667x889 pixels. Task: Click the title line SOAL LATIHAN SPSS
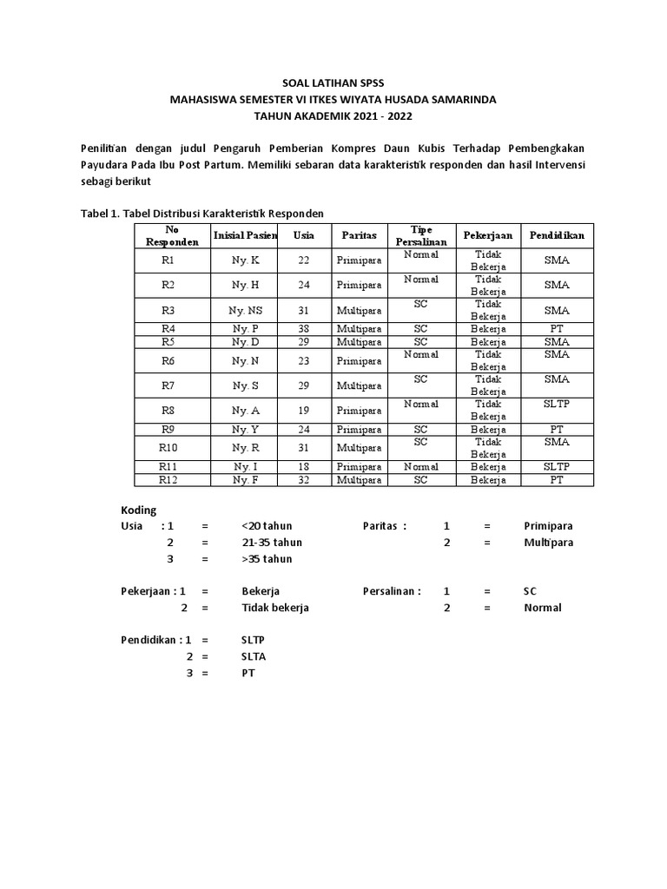pyautogui.click(x=333, y=83)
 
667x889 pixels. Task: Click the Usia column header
pyautogui.click(x=304, y=235)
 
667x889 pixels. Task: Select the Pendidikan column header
pyautogui.click(x=557, y=235)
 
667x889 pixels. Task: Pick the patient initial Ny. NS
pyautogui.click(x=245, y=310)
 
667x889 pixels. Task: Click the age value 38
pyautogui.click(x=304, y=329)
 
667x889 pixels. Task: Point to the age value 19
pyautogui.click(x=304, y=410)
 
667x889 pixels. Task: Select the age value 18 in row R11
pyautogui.click(x=304, y=466)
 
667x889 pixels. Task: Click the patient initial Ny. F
pyautogui.click(x=245, y=479)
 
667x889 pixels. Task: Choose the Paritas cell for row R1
pyautogui.click(x=359, y=260)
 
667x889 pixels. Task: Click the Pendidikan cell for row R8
pyautogui.click(x=557, y=405)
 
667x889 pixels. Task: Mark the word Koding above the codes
pyautogui.click(x=138, y=510)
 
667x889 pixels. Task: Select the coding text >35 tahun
pyautogui.click(x=267, y=559)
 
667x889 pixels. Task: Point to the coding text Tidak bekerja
pyautogui.click(x=275, y=608)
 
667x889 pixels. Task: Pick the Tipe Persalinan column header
pyautogui.click(x=420, y=235)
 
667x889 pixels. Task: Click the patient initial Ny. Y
pyautogui.click(x=245, y=429)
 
